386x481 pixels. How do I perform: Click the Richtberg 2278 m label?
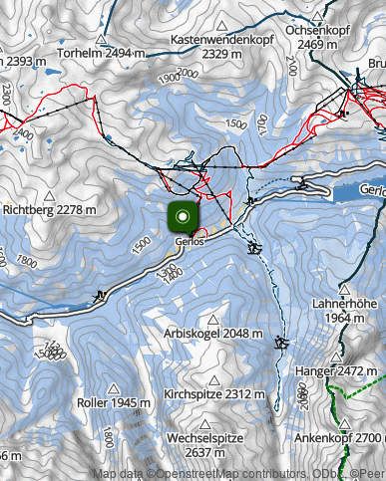pos(50,210)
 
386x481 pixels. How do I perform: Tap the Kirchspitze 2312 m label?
pos(215,394)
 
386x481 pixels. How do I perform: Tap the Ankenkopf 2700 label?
pos(339,438)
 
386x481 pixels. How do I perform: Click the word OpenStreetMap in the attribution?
pos(200,473)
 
